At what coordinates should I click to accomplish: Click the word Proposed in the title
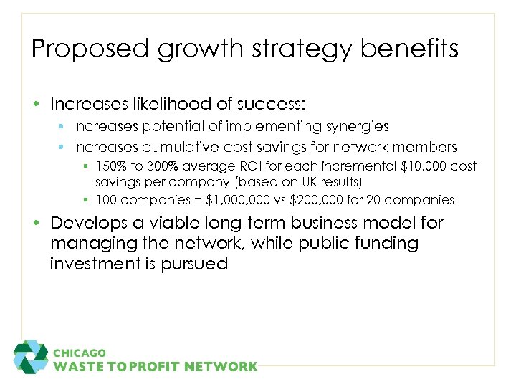(x=78, y=49)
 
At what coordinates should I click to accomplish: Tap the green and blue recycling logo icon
(x=30, y=357)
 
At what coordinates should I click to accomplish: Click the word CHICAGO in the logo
(x=80, y=353)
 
